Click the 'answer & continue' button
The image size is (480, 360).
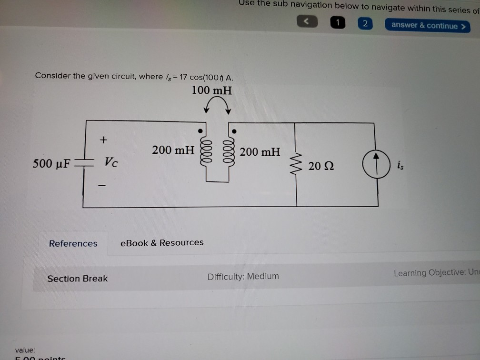point(427,26)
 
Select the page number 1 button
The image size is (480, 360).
point(338,23)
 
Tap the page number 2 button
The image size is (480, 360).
point(365,24)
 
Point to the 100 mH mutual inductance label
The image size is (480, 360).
point(211,90)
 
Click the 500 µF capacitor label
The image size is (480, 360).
point(51,164)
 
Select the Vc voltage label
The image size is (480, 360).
point(111,163)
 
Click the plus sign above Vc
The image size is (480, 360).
point(103,140)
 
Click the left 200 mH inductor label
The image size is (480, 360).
point(173,150)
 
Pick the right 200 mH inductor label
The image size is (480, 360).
point(260,152)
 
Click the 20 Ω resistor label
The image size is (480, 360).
point(321,166)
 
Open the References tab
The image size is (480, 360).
point(73,243)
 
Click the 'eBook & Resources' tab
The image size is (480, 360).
point(162,242)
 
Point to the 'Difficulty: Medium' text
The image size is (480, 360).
point(243,276)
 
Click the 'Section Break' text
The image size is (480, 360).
point(78,279)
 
